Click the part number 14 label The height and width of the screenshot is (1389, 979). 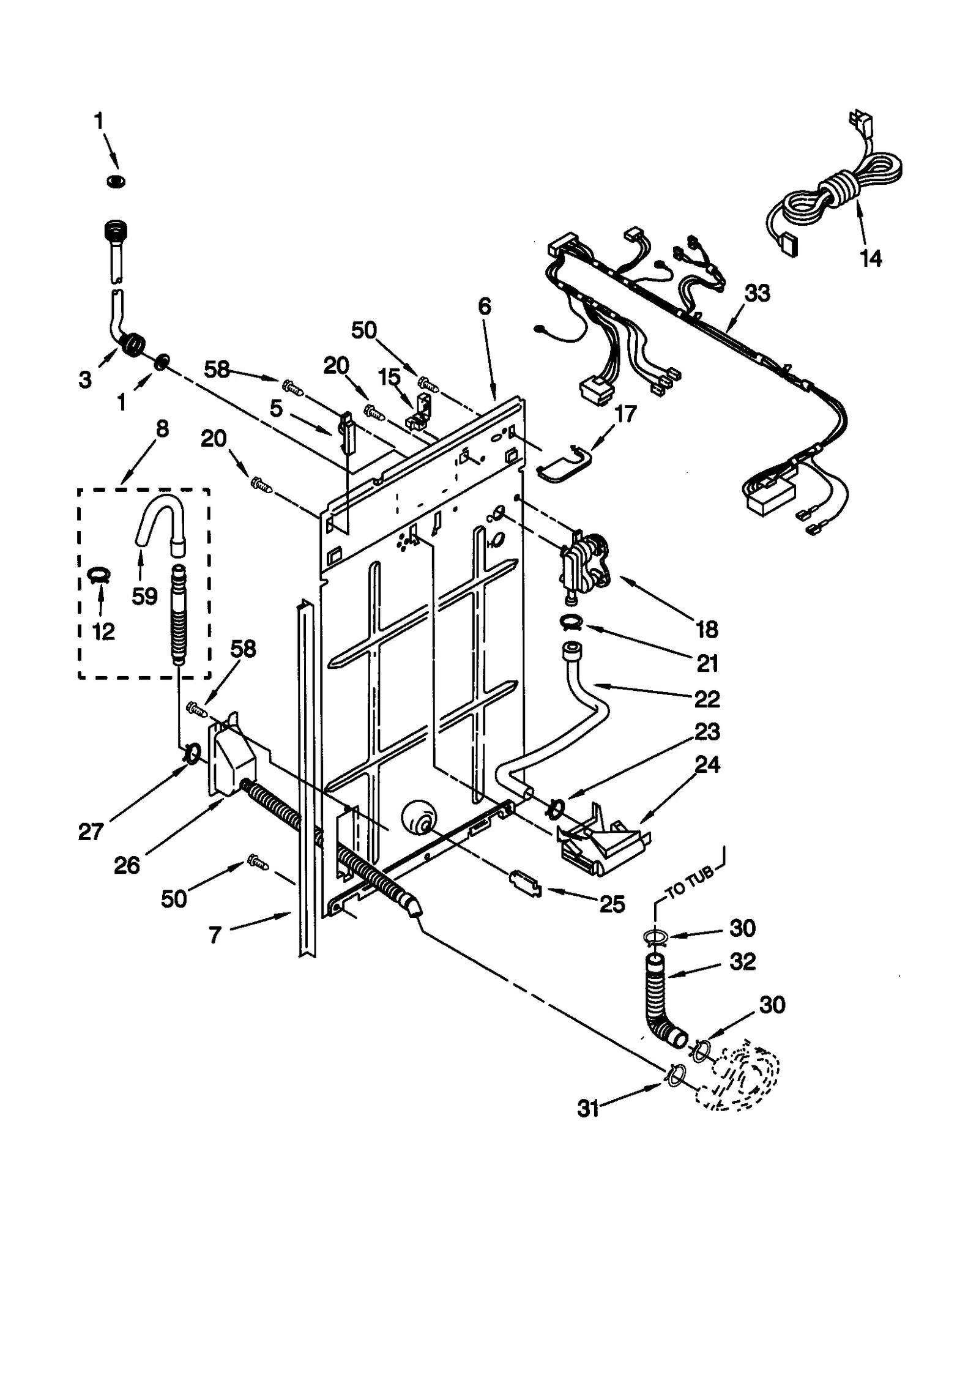pos(871,258)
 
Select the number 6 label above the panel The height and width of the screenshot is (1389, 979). pos(485,306)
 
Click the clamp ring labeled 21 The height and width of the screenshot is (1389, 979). pos(571,623)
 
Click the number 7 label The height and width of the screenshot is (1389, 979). pos(214,934)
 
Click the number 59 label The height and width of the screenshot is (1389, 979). pos(144,595)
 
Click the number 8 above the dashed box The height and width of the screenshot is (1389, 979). pos(162,429)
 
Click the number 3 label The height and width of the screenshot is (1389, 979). pos(85,379)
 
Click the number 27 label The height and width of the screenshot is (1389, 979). pos(91,831)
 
